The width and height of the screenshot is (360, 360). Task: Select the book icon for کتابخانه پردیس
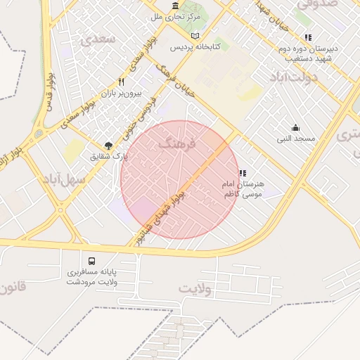[195, 36]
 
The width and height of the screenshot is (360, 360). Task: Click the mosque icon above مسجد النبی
[296, 128]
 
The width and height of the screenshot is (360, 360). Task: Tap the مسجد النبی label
[295, 139]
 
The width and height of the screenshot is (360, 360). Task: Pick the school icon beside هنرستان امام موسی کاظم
[243, 173]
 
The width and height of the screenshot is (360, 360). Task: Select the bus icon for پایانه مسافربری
[91, 260]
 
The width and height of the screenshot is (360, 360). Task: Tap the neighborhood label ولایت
[195, 288]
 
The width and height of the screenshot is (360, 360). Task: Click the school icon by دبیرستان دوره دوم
[307, 37]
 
